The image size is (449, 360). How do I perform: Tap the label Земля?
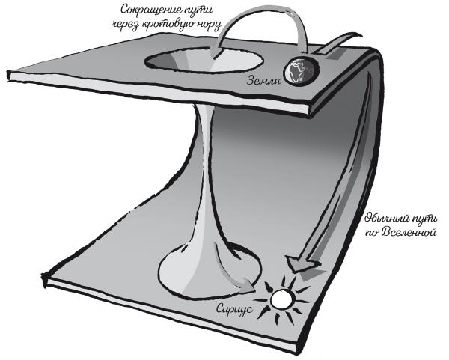coord(263,80)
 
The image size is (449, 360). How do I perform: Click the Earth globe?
coord(299,72)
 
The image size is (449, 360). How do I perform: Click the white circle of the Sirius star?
coord(282,301)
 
